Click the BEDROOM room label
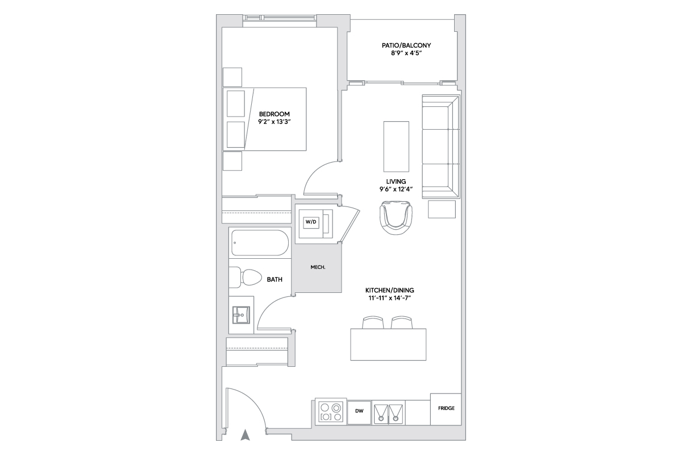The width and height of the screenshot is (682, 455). tap(275, 114)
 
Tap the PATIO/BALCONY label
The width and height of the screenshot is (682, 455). tap(406, 45)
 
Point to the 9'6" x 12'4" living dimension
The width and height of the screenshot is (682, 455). tap(396, 189)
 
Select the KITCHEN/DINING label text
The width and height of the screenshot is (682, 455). tap(389, 290)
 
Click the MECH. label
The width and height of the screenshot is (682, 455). tap(318, 267)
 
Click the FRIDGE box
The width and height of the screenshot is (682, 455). tap(446, 409)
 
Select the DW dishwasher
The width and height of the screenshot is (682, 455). tap(359, 412)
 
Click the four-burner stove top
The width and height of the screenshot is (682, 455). tap(331, 412)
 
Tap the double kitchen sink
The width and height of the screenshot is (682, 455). tap(388, 413)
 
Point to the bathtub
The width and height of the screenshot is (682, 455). tap(260, 243)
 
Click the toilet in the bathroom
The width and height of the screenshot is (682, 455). tap(245, 278)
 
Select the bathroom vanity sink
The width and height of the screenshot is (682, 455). tap(241, 315)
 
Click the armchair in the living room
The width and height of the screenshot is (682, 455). tap(396, 218)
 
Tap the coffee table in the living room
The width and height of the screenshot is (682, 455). tap(396, 147)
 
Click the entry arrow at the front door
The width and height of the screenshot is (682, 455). tap(245, 435)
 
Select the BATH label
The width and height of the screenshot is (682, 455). tap(275, 279)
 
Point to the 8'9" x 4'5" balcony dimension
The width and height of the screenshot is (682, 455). tap(406, 53)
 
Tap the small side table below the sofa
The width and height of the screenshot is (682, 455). tap(442, 209)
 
